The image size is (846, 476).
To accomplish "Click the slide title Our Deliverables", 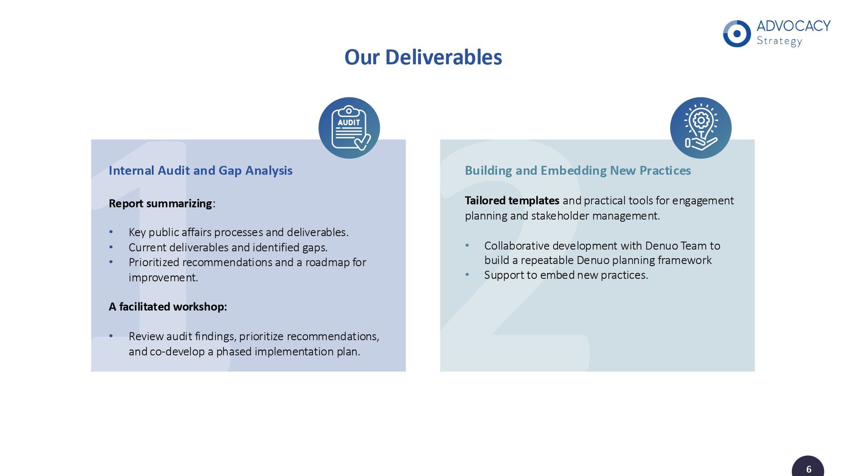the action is coord(423,57).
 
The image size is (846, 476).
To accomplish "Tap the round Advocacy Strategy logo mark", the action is coord(737,33).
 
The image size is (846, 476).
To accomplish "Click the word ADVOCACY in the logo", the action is coord(793,26).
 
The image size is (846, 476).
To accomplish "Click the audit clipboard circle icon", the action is coord(349,128).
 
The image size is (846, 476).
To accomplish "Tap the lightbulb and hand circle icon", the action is coord(701,128).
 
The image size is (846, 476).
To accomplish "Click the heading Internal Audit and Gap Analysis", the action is coord(200,171).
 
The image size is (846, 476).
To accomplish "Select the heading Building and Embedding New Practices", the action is coord(578,171).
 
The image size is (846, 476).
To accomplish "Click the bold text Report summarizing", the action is coord(160,204).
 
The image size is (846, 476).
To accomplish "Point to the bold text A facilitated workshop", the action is coord(167,307).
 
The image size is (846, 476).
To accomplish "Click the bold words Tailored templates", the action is coord(512,201).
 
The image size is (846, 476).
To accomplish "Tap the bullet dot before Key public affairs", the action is coord(111,232).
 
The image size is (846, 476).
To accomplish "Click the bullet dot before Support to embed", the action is coord(467,275).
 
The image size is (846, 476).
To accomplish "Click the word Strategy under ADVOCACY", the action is coord(779,41).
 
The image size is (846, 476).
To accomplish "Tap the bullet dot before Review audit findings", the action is coord(111,336).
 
